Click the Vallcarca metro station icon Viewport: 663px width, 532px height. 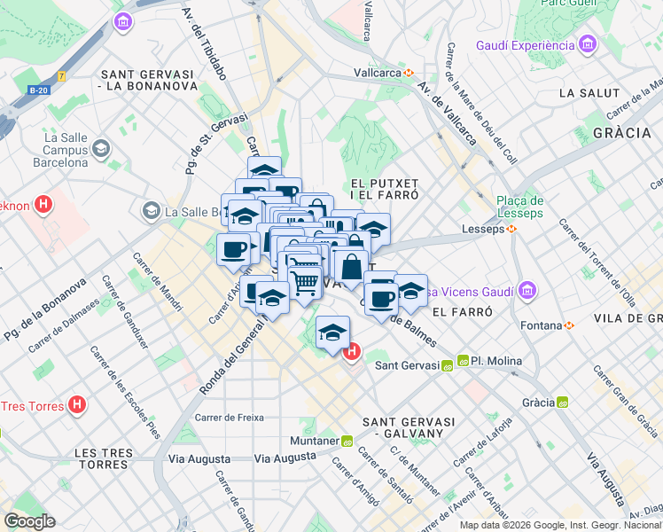point(409,73)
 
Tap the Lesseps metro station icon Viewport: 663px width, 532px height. point(511,229)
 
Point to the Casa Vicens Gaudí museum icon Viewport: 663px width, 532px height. point(528,291)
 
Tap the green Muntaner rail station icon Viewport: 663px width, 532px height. point(347,441)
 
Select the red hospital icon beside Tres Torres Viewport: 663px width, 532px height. point(78,405)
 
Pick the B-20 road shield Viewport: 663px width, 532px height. point(38,90)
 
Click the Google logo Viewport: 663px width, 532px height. point(29,521)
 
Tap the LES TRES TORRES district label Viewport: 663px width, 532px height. point(104,458)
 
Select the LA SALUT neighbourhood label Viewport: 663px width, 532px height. point(589,93)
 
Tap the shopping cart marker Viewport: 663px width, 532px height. point(304,282)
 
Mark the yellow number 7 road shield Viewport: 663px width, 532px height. point(61,76)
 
